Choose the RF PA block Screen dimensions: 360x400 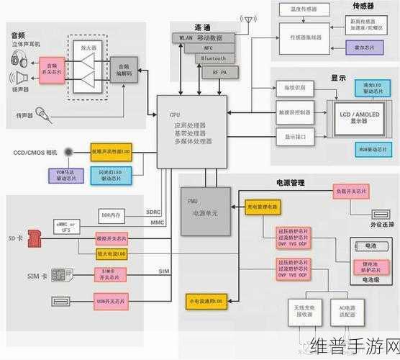tap(215, 73)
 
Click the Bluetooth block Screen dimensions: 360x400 tap(213, 58)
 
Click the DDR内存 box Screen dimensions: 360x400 tap(112, 215)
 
